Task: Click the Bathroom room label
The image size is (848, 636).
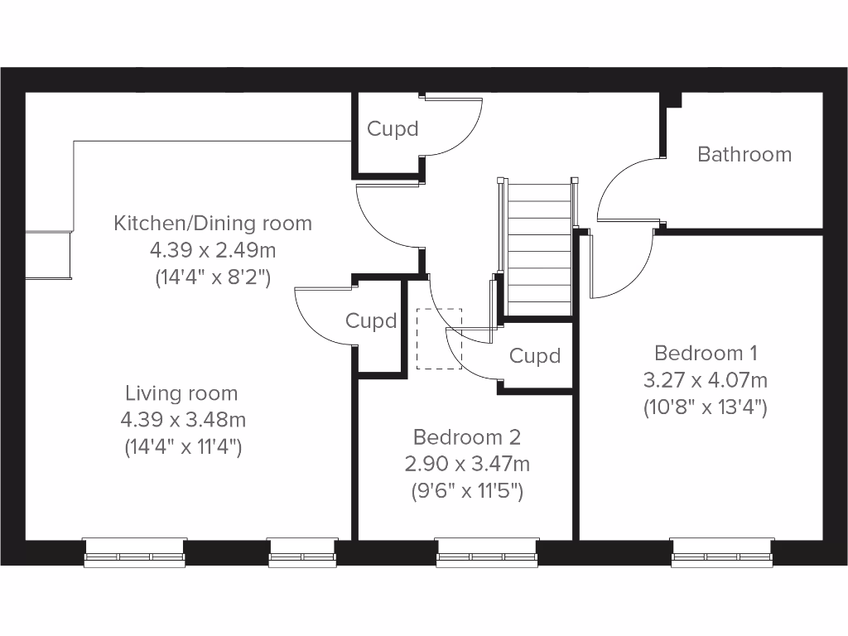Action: coord(744,154)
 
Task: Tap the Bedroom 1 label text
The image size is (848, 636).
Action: coord(706,354)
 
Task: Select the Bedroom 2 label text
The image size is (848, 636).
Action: coord(468,437)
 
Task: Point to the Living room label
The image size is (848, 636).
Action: coord(181,393)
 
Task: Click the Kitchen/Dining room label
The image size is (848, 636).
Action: coord(213,223)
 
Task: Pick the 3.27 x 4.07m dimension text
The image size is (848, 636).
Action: coord(706,381)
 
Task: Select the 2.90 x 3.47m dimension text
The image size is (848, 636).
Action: coord(468,464)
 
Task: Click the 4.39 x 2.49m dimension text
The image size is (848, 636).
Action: coord(213,250)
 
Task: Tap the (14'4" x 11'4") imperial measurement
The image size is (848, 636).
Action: coord(181,447)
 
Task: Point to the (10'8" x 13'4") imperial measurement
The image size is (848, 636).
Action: coord(706,407)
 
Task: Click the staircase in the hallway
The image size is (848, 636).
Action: coord(539,248)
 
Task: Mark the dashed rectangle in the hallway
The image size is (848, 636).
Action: coord(439,338)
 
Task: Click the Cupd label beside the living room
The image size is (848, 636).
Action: coord(371,321)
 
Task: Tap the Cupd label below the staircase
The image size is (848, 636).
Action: coord(535,356)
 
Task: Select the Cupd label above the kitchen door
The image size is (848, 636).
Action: coord(393,129)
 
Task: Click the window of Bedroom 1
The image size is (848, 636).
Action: coord(722,552)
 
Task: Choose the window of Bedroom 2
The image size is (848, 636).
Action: coord(487,552)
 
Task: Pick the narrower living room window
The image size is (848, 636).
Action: coord(302,552)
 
